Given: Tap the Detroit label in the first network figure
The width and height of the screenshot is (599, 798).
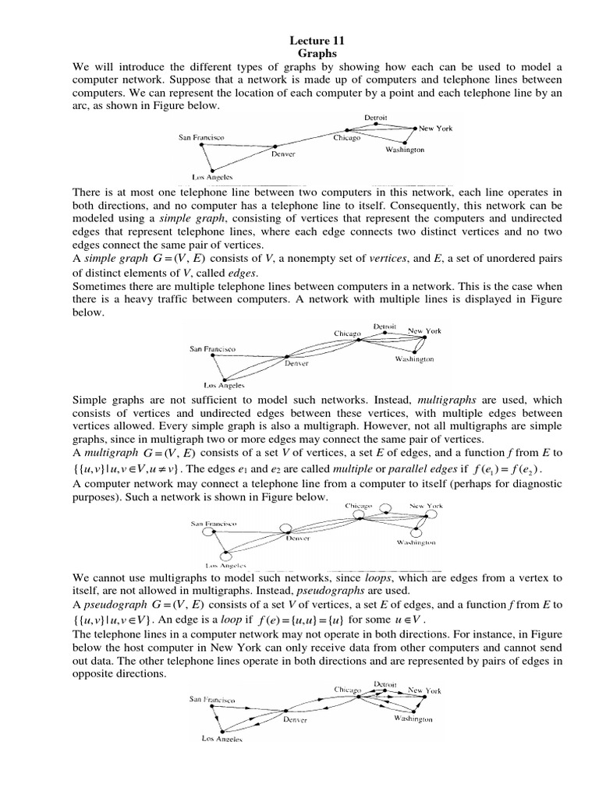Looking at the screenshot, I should point(376,118).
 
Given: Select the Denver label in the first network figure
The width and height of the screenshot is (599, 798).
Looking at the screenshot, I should point(283,154).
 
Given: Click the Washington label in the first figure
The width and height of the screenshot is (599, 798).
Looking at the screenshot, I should point(405,150).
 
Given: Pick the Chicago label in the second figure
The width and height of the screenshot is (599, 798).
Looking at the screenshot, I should point(348,333).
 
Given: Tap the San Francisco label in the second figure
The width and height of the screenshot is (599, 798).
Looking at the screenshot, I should point(213,349).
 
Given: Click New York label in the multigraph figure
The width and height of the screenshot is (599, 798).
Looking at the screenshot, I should point(425,330).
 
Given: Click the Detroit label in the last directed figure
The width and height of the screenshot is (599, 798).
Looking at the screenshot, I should point(380,684).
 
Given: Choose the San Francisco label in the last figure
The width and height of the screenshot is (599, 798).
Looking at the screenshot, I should point(213,699).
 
